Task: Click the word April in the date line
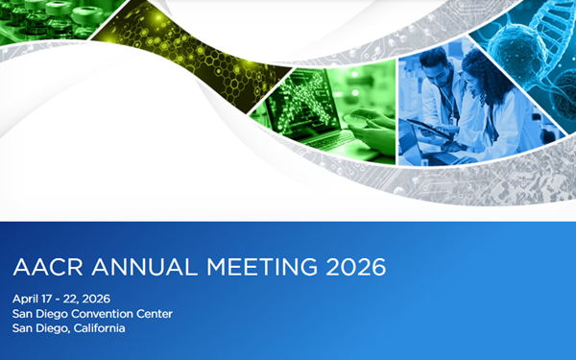pyautogui.click(x=27, y=296)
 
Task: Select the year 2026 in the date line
pyautogui.click(x=105, y=296)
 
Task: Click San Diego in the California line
pyautogui.click(x=36, y=328)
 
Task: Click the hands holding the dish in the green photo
pyautogui.click(x=370, y=120)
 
